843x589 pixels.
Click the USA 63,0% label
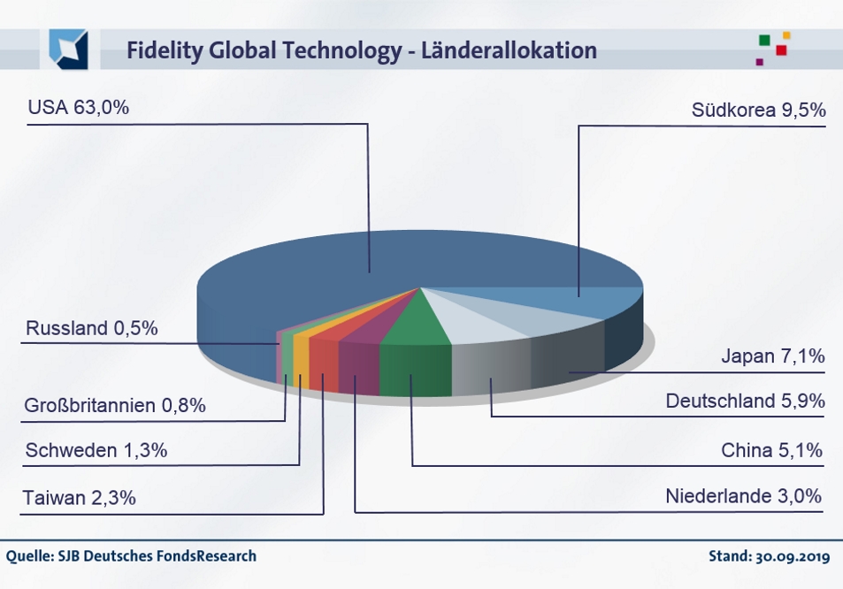pyautogui.click(x=79, y=109)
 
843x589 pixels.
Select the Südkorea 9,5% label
pyautogui.click(x=758, y=111)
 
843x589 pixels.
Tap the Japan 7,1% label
pyautogui.click(x=772, y=356)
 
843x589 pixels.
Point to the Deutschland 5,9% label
pyautogui.click(x=745, y=402)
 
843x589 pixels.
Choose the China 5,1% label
pyautogui.click(x=772, y=451)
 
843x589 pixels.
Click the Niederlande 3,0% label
pyautogui.click(x=744, y=495)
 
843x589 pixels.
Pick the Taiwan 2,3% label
pyautogui.click(x=80, y=498)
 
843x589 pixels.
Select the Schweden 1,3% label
pyautogui.click(x=96, y=451)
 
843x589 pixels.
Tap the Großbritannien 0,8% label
pyautogui.click(x=116, y=406)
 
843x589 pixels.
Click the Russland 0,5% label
pyautogui.click(x=92, y=328)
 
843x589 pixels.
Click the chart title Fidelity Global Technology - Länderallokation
pyautogui.click(x=361, y=50)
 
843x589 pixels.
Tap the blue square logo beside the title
pyautogui.click(x=68, y=50)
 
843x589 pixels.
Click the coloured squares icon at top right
pyautogui.click(x=772, y=48)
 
